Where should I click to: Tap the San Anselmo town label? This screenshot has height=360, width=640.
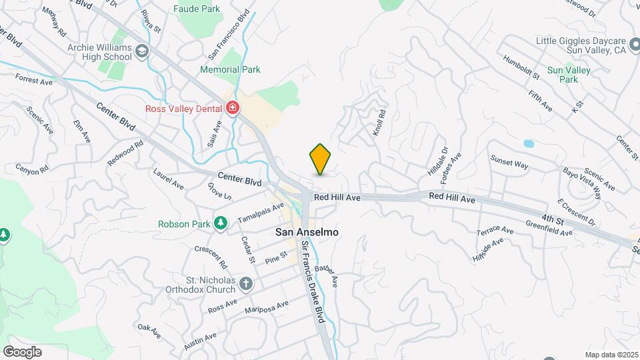coord(308,232)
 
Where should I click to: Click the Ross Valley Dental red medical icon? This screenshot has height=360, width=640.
coord(233,107)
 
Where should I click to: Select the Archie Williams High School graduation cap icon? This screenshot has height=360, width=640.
coord(141,51)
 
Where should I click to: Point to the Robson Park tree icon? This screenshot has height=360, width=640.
coord(219,223)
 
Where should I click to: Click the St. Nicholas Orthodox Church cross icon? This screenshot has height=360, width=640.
coord(246,283)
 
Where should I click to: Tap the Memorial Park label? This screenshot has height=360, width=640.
coord(230,69)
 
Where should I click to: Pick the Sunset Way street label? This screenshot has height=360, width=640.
coord(509,161)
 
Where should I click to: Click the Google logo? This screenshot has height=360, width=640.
coord(22,352)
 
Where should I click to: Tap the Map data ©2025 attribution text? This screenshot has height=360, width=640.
coord(612,355)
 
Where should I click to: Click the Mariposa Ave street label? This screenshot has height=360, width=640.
coord(267,308)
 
